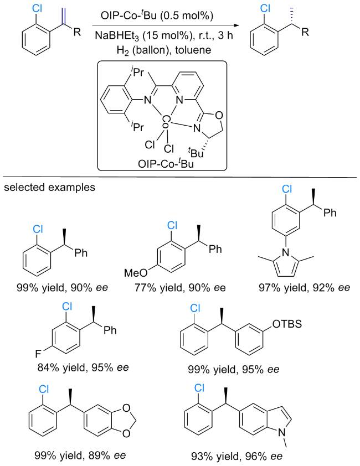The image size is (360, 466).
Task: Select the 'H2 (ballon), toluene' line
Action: (164, 50)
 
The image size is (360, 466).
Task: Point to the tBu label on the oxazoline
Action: (195, 153)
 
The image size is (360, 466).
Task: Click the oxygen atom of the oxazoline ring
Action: (219, 115)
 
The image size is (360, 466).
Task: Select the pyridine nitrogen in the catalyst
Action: (179, 100)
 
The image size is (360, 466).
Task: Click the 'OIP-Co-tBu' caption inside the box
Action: (166, 163)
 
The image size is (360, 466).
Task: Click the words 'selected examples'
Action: (49, 188)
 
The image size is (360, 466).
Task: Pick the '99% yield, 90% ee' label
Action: (62, 287)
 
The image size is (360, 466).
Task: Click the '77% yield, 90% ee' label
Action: (180, 287)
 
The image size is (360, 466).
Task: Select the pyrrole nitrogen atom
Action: (286, 252)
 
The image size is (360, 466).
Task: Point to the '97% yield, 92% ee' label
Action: (305, 287)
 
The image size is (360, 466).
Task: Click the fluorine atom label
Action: (38, 354)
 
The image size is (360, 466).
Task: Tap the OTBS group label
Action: (287, 324)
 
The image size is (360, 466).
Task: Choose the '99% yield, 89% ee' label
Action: (80, 455)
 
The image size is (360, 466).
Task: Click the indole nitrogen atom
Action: (282, 433)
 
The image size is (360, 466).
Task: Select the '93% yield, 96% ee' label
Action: (236, 456)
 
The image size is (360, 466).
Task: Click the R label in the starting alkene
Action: (77, 32)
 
